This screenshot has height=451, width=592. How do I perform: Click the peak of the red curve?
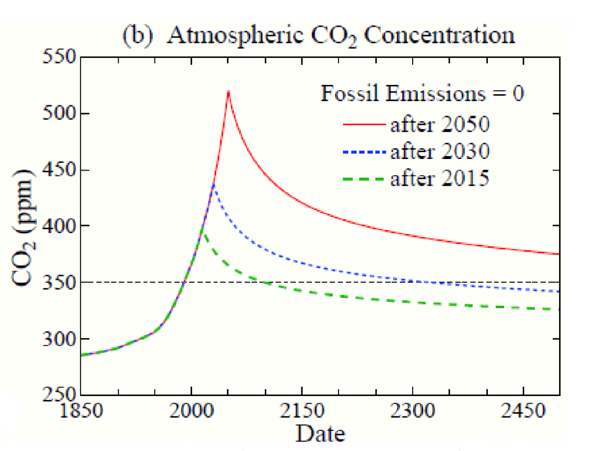(x=229, y=91)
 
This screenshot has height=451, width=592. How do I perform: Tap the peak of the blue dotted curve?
(x=214, y=185)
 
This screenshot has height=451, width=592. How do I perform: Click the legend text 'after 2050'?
(x=440, y=123)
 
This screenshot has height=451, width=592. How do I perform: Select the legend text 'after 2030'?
(x=440, y=151)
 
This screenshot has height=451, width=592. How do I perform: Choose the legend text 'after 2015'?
(x=440, y=179)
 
